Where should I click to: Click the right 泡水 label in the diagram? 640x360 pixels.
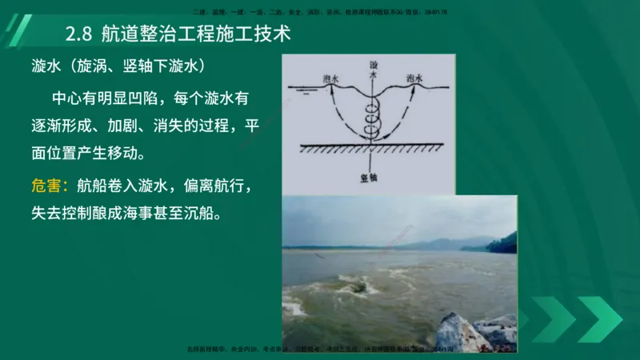point(413,78)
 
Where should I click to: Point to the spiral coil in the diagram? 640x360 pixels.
point(372,120)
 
